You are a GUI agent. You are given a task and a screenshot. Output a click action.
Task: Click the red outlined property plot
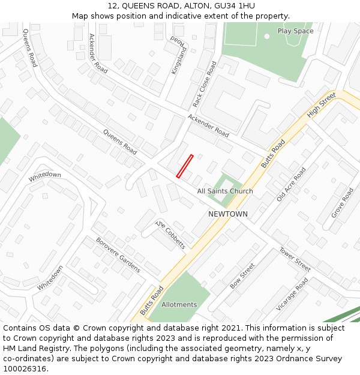[x=184, y=166]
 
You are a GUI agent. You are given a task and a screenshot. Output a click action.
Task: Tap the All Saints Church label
[x=225, y=191]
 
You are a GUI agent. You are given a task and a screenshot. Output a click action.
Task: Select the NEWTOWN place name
[x=227, y=214]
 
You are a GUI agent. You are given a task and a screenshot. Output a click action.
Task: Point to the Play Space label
[x=295, y=31]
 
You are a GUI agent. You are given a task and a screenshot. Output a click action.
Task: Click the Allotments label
[x=179, y=305]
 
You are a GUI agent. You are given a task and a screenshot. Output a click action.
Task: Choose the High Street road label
[x=321, y=105]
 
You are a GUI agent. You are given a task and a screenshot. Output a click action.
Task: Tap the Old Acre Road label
[x=291, y=184]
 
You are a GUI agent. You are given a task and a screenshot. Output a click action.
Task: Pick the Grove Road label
[x=343, y=203]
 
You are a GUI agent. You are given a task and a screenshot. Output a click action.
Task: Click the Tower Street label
[x=295, y=259]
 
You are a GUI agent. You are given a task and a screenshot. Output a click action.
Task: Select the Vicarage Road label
[x=292, y=294]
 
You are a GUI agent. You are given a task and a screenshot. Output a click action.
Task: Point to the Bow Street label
[x=242, y=276]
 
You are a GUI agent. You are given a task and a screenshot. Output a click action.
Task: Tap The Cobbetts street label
[x=171, y=234]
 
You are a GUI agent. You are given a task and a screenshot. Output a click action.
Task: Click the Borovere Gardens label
[x=118, y=254]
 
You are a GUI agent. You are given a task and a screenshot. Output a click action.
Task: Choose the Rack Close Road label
[x=205, y=84]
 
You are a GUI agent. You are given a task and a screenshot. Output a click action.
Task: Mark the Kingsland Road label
[x=179, y=55]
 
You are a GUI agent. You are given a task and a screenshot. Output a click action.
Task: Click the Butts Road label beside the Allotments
[x=152, y=301]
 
